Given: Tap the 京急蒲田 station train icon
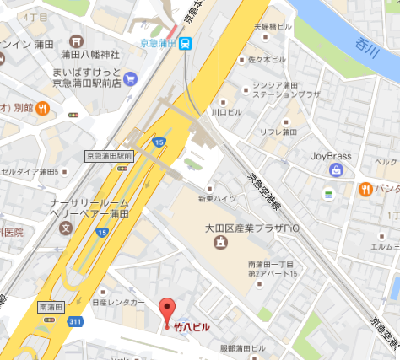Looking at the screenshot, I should [185, 42].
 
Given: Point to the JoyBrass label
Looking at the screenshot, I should [329, 155].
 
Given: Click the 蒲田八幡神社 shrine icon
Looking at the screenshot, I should [77, 40].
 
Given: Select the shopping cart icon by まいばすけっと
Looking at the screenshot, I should [130, 78].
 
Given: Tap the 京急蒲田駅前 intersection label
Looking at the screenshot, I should [110, 156].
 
